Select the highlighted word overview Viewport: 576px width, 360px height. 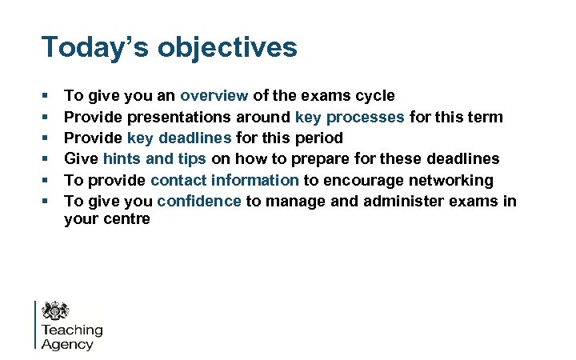(214, 96)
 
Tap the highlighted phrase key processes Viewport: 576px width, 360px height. (350, 118)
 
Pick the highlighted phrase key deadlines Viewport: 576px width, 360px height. (179, 138)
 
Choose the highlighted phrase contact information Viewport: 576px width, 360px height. (224, 180)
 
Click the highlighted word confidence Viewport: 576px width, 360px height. (199, 201)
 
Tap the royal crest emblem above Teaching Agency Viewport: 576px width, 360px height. (56, 311)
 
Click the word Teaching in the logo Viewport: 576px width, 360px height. (72, 330)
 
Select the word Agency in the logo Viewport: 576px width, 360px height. (67, 345)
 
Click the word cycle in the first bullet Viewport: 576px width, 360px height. (374, 96)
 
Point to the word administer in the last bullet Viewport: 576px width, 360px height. (402, 201)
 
